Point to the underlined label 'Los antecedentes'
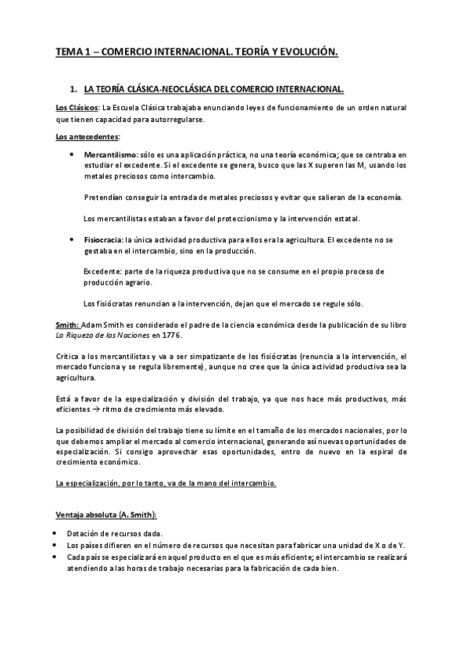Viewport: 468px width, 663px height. click(86, 137)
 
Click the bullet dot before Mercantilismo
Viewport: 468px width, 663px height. click(72, 156)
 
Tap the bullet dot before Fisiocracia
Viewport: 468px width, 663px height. click(72, 241)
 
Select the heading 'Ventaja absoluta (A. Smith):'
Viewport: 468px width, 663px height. click(105, 514)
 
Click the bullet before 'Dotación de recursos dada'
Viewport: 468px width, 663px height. click(58, 533)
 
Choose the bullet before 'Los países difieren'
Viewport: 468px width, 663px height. click(58, 545)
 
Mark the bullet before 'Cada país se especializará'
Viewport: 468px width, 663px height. click(58, 557)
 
